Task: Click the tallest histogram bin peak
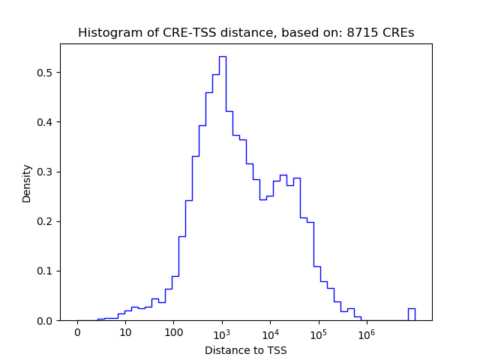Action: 223,57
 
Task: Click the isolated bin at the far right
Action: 411,309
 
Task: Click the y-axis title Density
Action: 27,183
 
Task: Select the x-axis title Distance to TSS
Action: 246,349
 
